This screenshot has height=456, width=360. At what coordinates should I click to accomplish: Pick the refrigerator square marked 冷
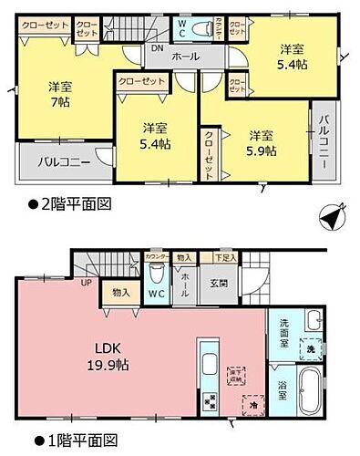click(252, 398)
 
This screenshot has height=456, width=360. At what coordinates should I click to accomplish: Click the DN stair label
click(157, 48)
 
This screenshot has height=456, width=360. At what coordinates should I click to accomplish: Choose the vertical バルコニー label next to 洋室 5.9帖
click(323, 142)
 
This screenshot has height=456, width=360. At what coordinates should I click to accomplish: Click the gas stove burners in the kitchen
click(207, 399)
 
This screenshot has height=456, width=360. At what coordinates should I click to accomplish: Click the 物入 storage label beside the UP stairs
click(119, 292)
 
